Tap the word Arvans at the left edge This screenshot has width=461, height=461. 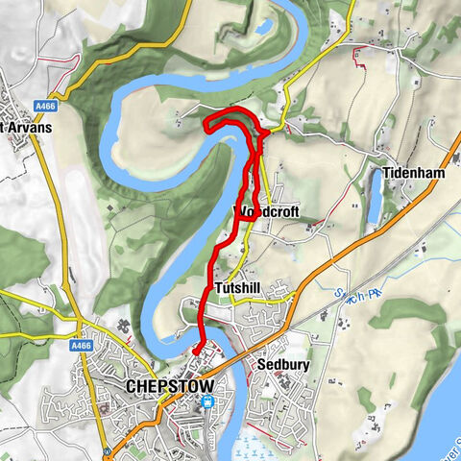tap(28, 127)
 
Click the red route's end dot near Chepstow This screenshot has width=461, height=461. tap(195, 352)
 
